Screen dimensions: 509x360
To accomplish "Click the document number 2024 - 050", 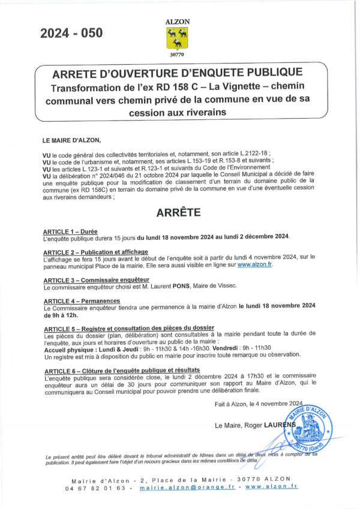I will [71, 34].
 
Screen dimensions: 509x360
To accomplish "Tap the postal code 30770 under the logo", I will [178, 55].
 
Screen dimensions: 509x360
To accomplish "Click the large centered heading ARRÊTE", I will [179, 212].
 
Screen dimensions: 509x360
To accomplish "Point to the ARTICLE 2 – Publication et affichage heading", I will [95, 252].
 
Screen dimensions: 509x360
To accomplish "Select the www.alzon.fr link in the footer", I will [271, 487].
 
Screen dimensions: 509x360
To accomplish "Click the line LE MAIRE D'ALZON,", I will [72, 140].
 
